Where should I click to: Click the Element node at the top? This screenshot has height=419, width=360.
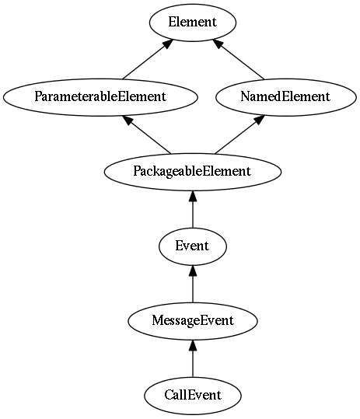[x=192, y=23]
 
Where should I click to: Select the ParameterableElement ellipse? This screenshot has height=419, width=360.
[x=100, y=97]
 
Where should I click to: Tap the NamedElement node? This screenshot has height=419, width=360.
[x=285, y=97]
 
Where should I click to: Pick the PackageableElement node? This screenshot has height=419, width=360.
[x=192, y=172]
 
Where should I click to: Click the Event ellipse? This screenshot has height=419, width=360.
[x=192, y=246]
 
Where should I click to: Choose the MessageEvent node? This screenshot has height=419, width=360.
[x=192, y=321]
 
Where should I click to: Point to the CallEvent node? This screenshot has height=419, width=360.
[x=192, y=396]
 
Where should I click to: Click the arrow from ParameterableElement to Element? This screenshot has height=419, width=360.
[x=148, y=60]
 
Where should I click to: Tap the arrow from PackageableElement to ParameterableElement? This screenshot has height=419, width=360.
[x=146, y=134]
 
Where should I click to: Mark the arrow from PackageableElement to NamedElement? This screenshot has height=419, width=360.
[x=239, y=134]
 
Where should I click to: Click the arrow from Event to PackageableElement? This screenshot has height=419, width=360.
[x=193, y=209]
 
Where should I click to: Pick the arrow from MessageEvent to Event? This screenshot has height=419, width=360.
[x=193, y=284]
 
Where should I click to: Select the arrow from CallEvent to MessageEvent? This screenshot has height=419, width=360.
[x=193, y=358]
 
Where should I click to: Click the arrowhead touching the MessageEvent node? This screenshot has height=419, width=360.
[x=193, y=345]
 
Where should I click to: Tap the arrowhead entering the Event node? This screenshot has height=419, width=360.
[x=193, y=271]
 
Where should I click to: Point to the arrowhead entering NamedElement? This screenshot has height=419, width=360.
[x=259, y=120]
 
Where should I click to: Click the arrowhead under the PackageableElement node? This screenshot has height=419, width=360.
[x=193, y=196]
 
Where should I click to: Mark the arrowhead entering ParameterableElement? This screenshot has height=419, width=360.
[x=128, y=120]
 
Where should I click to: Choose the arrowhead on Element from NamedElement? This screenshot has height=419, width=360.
[x=218, y=44]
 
